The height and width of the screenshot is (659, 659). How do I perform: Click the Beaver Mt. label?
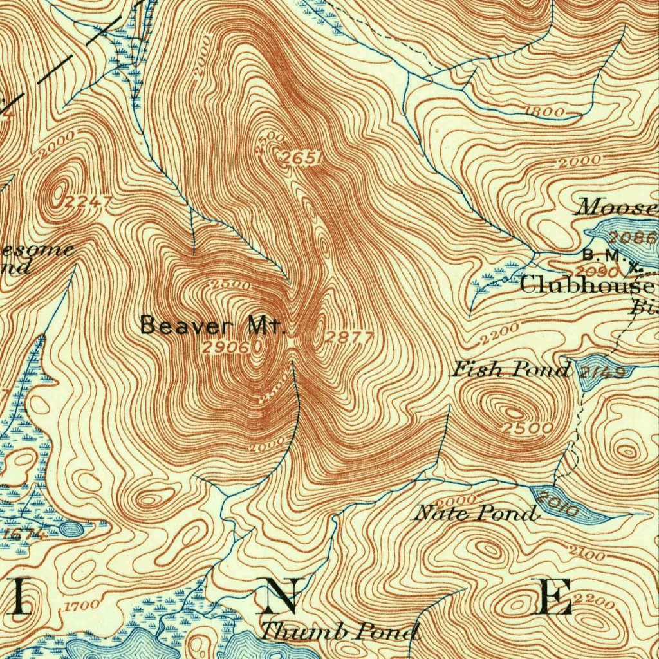pos(212,325)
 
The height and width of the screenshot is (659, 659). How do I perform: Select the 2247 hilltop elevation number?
pos(89,203)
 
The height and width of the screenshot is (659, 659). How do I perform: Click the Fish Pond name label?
pos(510,370)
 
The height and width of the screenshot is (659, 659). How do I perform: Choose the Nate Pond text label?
pos(475,514)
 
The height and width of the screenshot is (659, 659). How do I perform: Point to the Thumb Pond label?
pos(339,632)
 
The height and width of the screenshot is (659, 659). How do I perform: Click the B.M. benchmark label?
pos(600,255)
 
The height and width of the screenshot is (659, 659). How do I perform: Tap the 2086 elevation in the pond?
pos(632,237)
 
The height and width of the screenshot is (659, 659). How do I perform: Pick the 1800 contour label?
pos(544,111)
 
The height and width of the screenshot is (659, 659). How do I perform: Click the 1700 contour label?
pos(82,606)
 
